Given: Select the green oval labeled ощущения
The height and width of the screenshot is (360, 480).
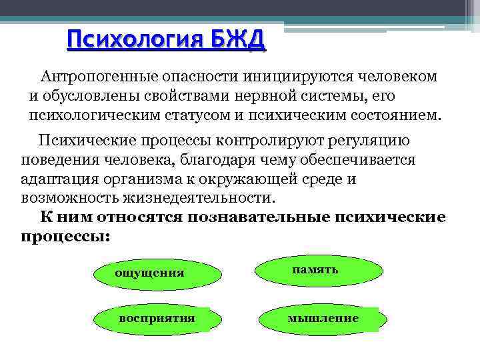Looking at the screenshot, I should [157, 273].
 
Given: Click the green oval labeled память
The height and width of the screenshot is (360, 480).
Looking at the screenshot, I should [320, 270].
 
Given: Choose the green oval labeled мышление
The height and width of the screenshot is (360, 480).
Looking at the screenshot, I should [323, 319].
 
